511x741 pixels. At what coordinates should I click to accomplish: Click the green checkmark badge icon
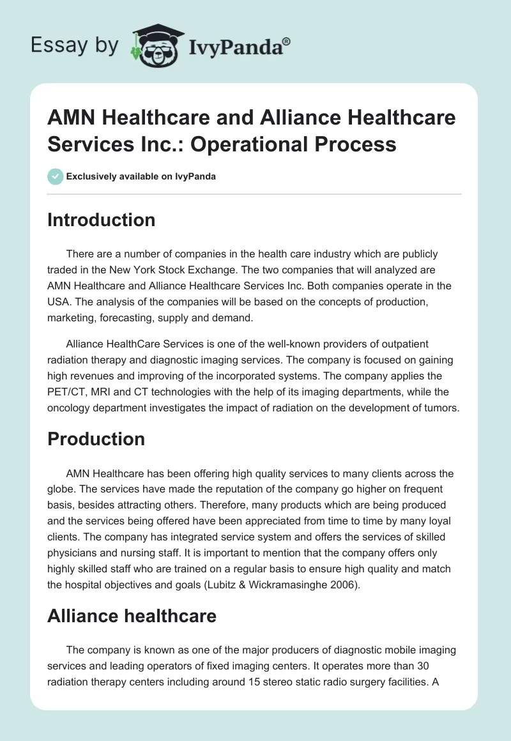(x=55, y=176)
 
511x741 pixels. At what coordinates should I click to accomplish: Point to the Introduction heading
(x=102, y=220)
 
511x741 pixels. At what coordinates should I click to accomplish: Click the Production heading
(x=96, y=439)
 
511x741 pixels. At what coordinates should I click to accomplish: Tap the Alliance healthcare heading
(x=132, y=616)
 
